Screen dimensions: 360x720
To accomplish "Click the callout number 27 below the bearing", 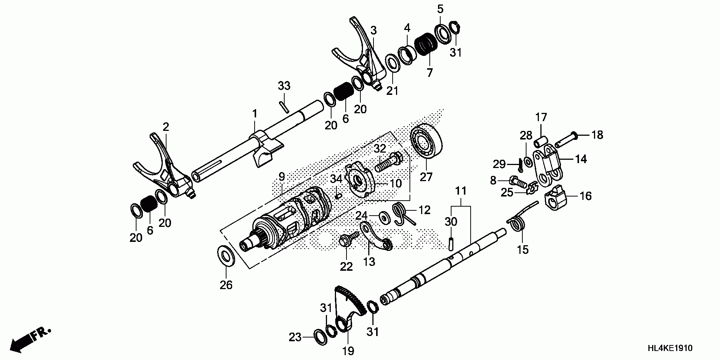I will click(x=426, y=177).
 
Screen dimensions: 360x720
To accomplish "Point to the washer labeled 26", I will click(x=226, y=256).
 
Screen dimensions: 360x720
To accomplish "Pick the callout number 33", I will click(x=284, y=86).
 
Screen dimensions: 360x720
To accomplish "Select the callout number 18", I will click(x=597, y=135).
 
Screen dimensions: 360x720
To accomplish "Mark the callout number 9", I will click(x=282, y=176).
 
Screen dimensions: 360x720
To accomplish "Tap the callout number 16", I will click(x=586, y=196).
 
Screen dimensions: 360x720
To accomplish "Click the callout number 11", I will click(x=461, y=191).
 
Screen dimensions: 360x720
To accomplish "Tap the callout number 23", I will click(x=295, y=337).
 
